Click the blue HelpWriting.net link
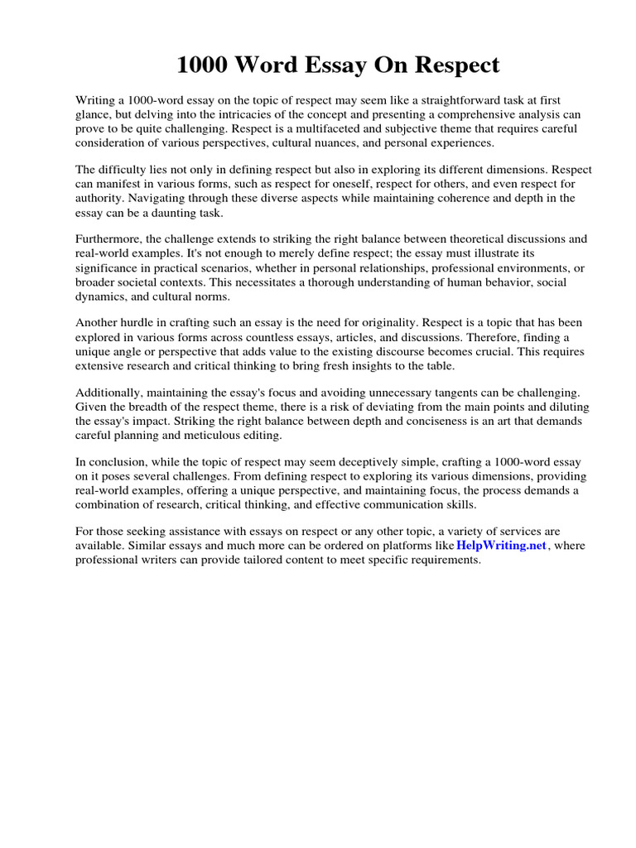coord(503,545)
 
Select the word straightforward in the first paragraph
coord(444,100)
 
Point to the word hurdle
coord(142,324)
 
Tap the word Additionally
coord(113,393)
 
